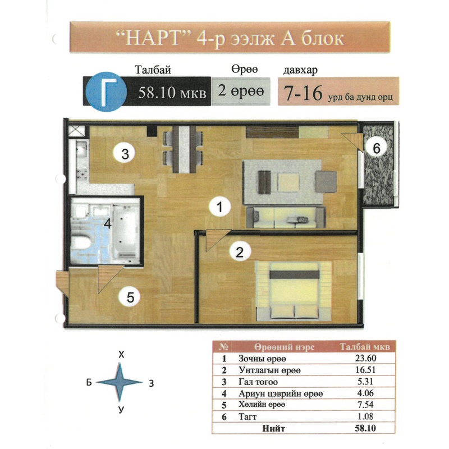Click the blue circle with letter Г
tap(106, 91)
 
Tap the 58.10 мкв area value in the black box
tap(172, 93)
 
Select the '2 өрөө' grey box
tap(241, 91)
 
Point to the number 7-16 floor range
tap(303, 93)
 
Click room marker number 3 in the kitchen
tap(125, 153)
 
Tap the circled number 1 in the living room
tap(219, 207)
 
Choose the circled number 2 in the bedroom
tap(240, 252)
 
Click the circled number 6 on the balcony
tap(376, 148)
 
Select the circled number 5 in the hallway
tap(130, 297)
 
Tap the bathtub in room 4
tap(126, 231)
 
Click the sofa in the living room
tap(286, 217)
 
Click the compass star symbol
tap(120, 382)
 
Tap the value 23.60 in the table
tap(366, 358)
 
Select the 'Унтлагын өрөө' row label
tap(269, 370)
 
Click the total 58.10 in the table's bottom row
tap(365, 428)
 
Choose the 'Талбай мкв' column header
tap(365, 347)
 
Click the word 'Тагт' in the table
tap(248, 416)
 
